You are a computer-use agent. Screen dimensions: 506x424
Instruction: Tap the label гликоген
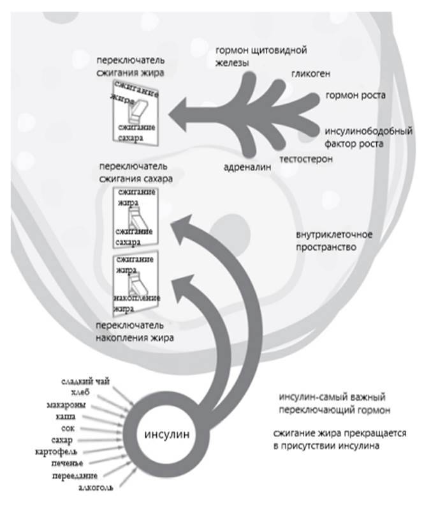[311, 74]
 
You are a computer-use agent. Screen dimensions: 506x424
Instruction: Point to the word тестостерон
[306, 158]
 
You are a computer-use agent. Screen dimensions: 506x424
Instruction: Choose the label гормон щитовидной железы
[263, 56]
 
